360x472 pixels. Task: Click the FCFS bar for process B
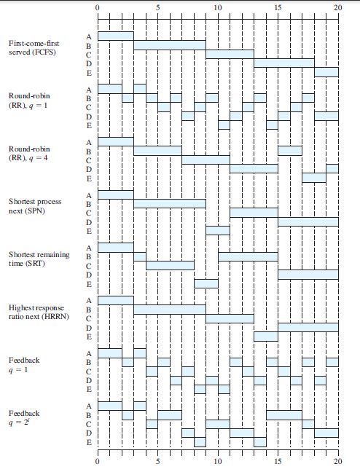tap(170, 45)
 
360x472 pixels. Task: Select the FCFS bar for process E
tap(326, 72)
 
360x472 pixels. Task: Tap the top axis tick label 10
tap(218, 7)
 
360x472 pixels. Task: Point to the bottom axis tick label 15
tap(278, 461)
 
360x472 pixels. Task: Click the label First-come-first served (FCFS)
tap(34, 47)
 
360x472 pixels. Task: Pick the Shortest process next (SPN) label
tap(35, 206)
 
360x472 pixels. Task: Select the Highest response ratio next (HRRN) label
tap(39, 312)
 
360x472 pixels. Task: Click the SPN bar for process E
tap(218, 231)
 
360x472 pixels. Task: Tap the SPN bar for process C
tap(254, 213)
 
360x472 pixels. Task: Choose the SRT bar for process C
tap(170, 265)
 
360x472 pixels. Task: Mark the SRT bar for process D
tap(308, 275)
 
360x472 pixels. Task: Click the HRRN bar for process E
tap(266, 337)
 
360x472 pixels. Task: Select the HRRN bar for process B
tap(170, 310)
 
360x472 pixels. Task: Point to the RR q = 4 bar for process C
tap(206, 160)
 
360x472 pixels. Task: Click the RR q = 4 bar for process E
tap(314, 178)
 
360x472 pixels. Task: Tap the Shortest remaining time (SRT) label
tap(39, 259)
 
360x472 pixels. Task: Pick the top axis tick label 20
tap(338, 7)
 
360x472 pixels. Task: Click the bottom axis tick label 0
tap(98, 461)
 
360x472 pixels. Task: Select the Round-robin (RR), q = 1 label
tap(29, 101)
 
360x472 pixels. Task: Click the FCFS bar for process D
tap(284, 63)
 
